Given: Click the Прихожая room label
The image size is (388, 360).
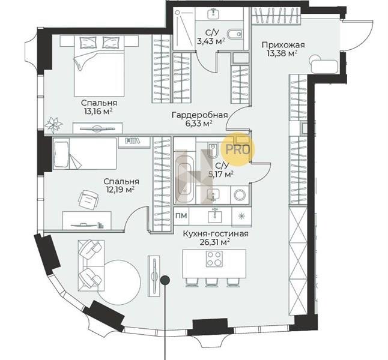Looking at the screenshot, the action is click(x=283, y=45).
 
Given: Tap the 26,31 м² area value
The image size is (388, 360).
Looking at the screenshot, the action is click(x=214, y=242).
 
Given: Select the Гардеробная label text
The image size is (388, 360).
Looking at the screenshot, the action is click(x=199, y=115).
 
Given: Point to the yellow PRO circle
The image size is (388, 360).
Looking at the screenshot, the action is click(x=237, y=149).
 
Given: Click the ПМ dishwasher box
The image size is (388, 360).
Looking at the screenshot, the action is click(x=181, y=215).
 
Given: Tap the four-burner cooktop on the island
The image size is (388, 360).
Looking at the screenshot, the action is click(x=214, y=259).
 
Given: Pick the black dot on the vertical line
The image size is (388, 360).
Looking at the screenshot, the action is click(x=165, y=280).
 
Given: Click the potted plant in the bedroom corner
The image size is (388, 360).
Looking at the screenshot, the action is click(x=53, y=124).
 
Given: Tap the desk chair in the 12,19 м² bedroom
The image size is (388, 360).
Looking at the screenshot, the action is click(x=88, y=200).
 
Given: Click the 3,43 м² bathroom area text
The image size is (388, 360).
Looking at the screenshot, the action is click(x=211, y=41).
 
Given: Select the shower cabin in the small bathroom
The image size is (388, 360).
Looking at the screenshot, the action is click(x=184, y=28).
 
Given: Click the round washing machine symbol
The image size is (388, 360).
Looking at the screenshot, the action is click(x=240, y=195).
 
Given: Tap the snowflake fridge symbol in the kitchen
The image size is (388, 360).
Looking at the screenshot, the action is click(x=241, y=216).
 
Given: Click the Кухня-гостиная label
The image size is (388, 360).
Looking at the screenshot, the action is click(x=216, y=233).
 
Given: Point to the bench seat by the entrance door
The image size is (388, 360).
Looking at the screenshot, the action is click(x=325, y=65).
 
